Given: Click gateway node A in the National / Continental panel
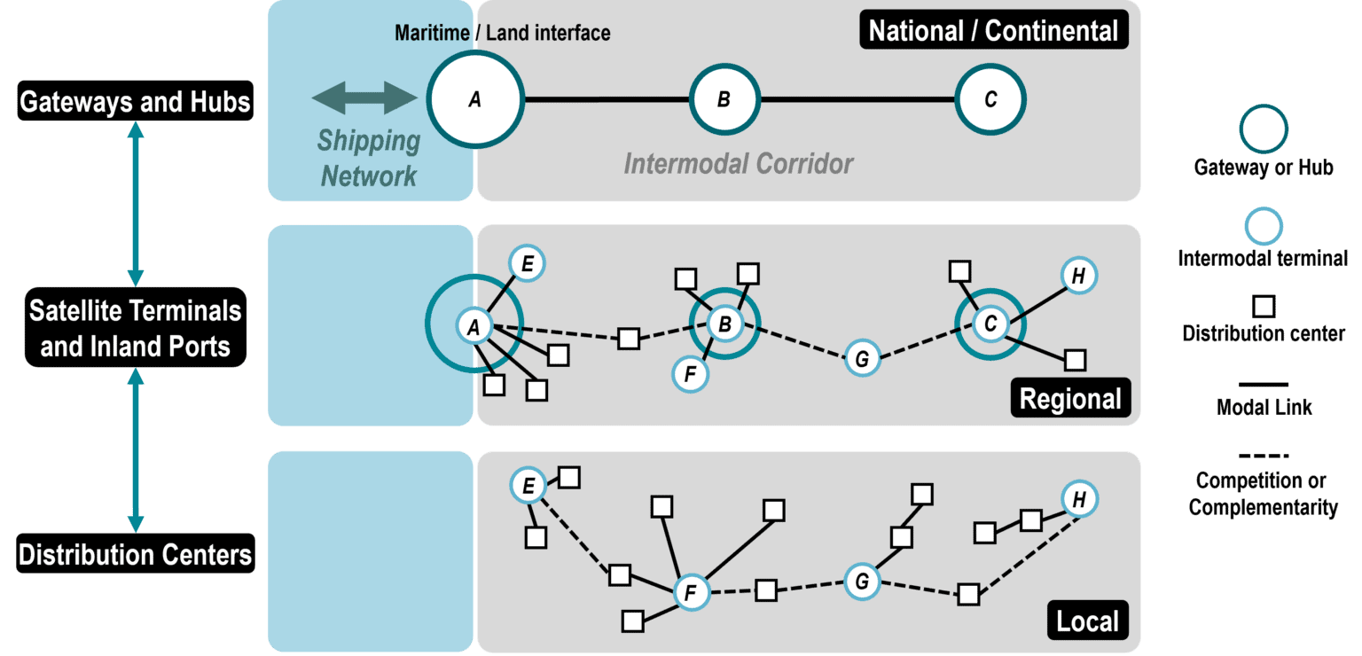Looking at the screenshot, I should coord(475,99).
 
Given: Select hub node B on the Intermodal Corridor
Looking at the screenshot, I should coord(724,99).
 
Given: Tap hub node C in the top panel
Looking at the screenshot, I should coord(990,99).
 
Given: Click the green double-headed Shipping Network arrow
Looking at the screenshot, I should coord(364,98).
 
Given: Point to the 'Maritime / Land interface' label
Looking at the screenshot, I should coord(502,34).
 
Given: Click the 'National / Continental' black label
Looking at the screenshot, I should coord(993,31).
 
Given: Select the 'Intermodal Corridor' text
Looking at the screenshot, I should coord(738,164).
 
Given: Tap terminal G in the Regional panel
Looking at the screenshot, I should coord(861,359).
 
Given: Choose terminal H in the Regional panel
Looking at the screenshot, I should coord(1078,276).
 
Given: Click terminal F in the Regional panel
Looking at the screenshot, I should coord(691,373).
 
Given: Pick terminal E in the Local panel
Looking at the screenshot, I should coord(528,486).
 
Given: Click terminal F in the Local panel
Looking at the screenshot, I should coord(692,592).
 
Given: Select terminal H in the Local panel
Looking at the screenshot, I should coord(1079,500).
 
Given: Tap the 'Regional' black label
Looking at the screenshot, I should coord(1070,399).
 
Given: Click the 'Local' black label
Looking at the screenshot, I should coord(1088,621).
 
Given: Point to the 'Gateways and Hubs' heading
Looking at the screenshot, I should coord(136,103).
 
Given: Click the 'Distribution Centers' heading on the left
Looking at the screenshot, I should coord(136,555).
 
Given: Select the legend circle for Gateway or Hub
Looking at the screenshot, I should coord(1264,129).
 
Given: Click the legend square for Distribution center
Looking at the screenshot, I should coord(1264,307).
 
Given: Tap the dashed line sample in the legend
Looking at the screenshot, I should coord(1264,457).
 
